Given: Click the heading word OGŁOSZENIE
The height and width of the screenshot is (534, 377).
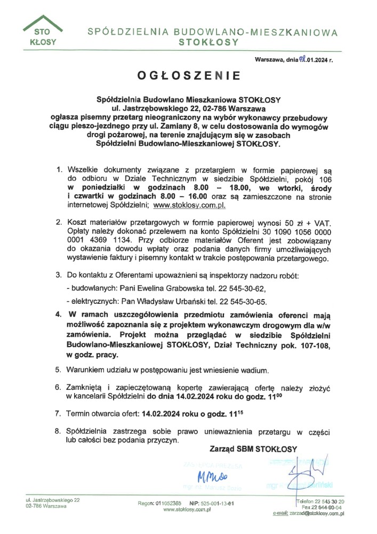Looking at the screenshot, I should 189,76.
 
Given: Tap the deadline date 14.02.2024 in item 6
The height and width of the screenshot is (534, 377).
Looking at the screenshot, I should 185,397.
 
